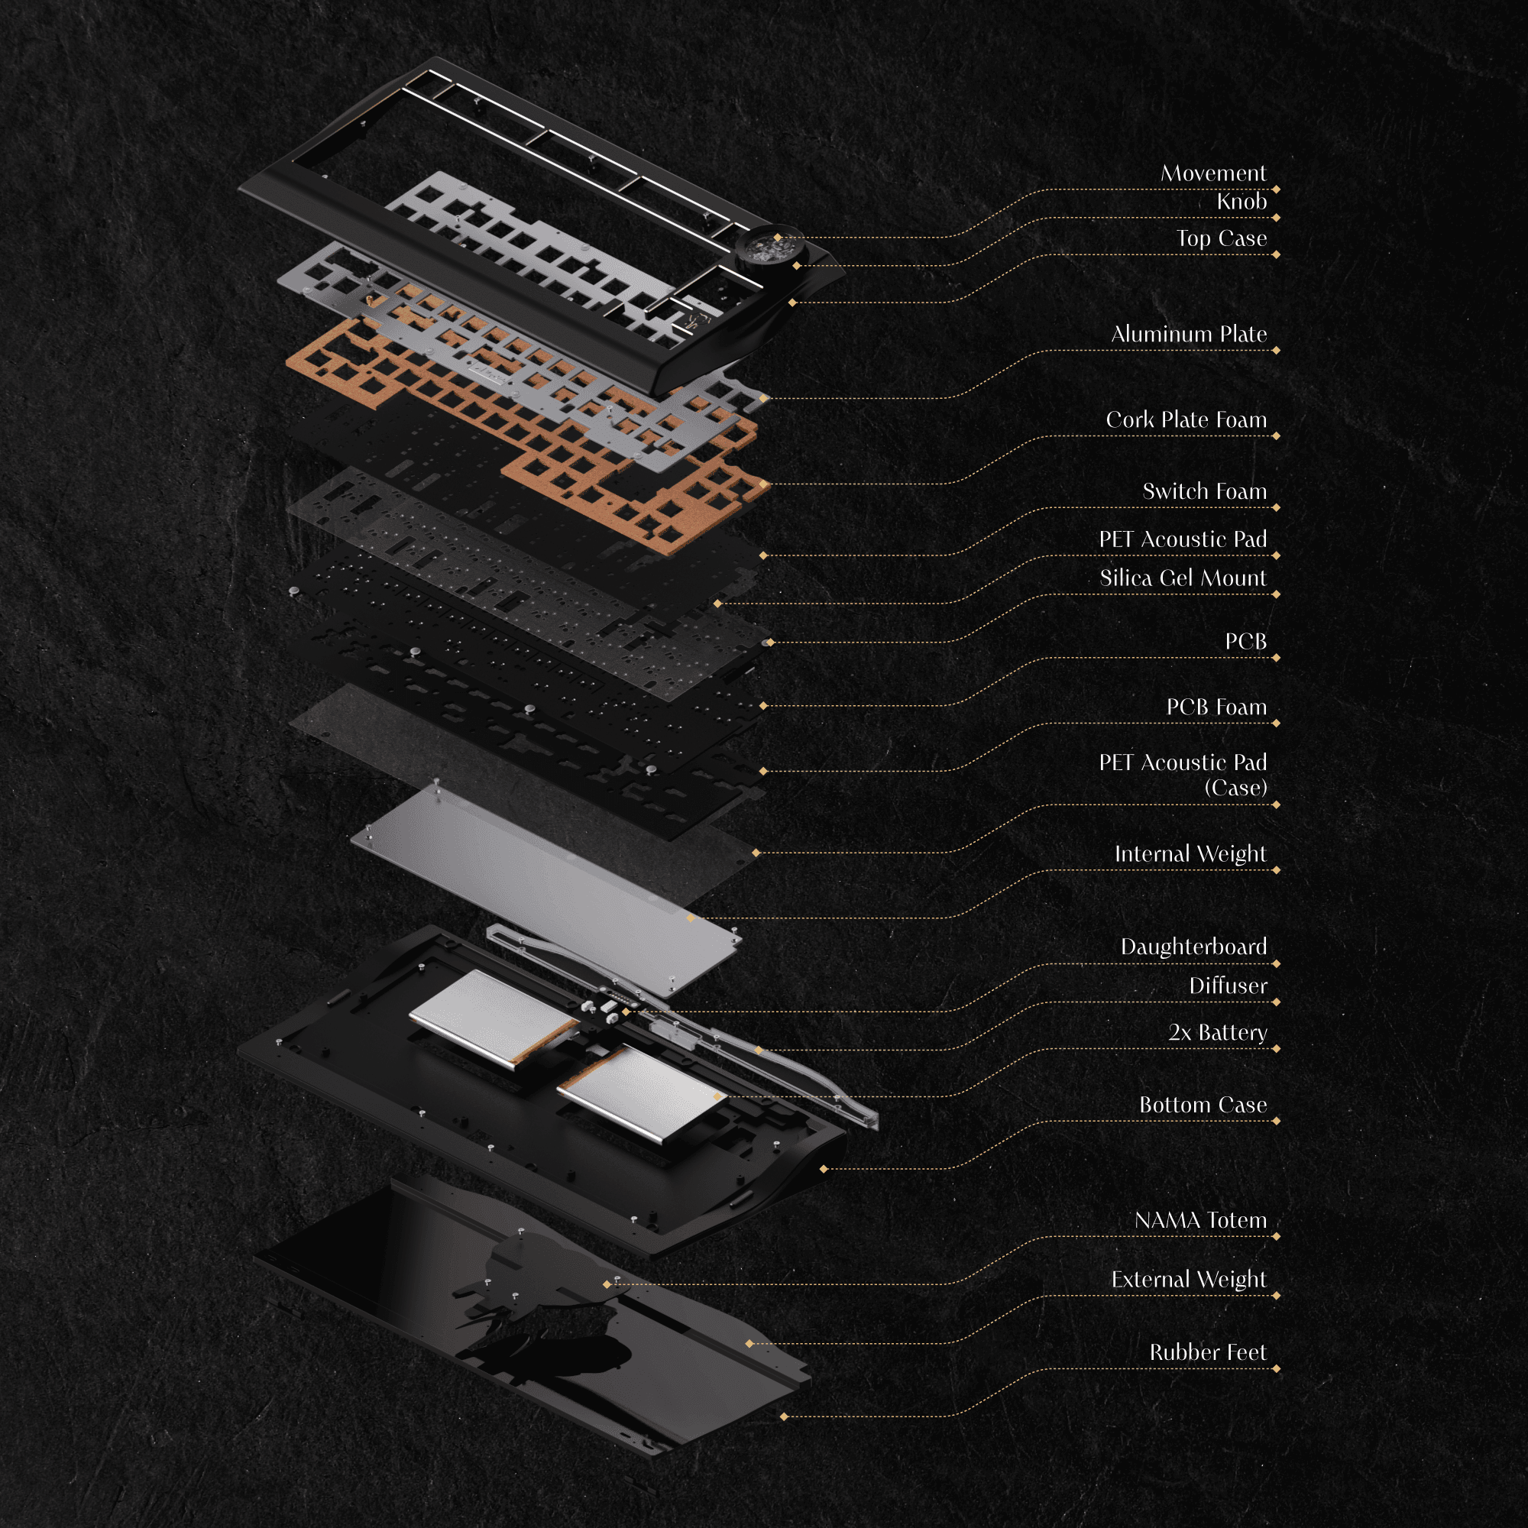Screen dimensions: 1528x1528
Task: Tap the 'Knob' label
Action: click(1241, 202)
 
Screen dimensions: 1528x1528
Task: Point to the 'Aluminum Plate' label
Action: click(1188, 334)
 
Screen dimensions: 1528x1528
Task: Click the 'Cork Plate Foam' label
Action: click(1186, 419)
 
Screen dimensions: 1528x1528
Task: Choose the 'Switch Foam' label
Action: click(1204, 491)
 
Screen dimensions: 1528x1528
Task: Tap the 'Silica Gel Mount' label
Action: click(1183, 578)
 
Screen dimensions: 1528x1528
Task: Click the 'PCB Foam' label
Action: click(1216, 707)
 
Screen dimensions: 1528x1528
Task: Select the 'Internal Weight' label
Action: click(1190, 854)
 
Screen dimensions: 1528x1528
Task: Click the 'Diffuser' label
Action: click(1228, 986)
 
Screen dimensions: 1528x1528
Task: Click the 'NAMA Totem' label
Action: click(1199, 1220)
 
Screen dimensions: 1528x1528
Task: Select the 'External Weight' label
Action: click(1188, 1280)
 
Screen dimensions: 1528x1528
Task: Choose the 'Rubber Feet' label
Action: click(1207, 1352)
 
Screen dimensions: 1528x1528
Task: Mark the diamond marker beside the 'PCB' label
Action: click(1277, 657)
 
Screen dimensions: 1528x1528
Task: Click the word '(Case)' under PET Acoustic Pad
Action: click(1235, 788)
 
